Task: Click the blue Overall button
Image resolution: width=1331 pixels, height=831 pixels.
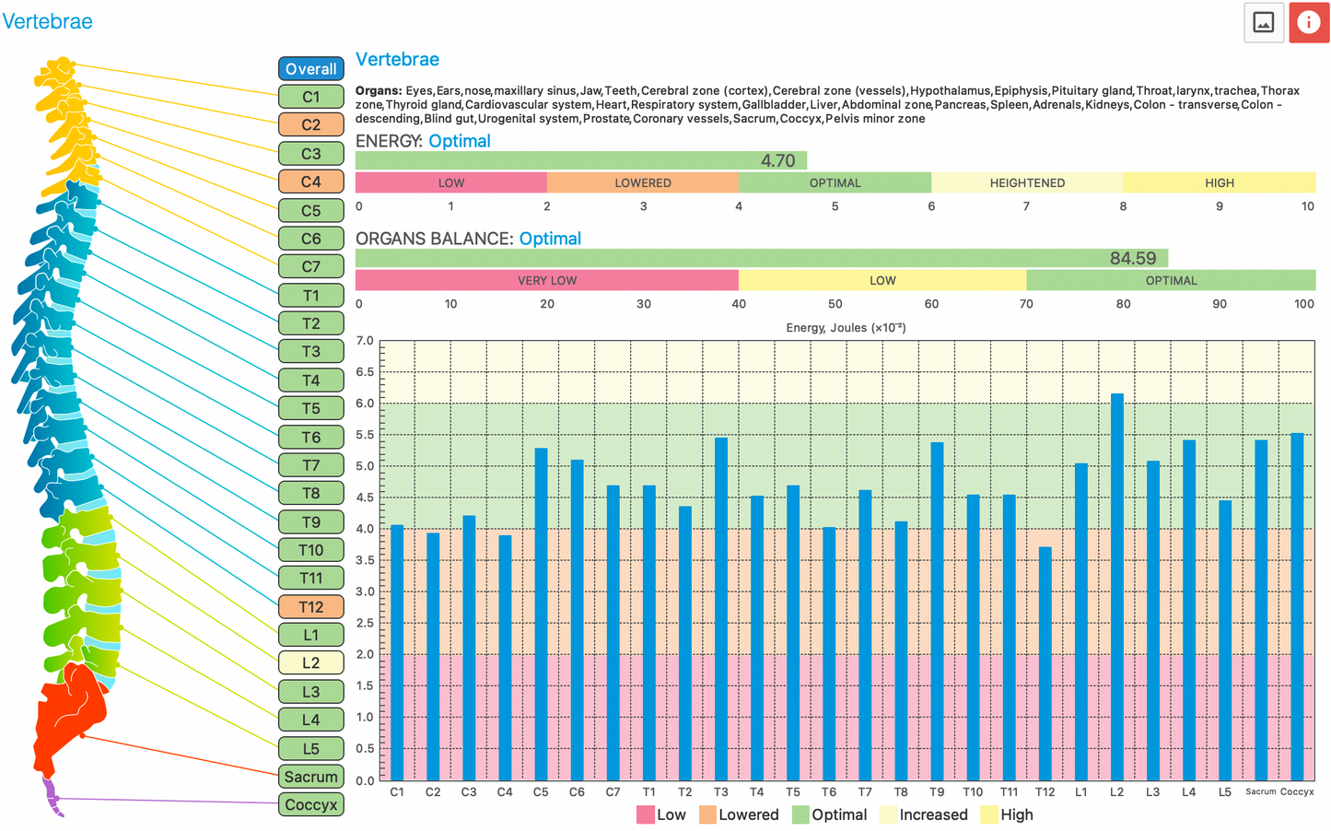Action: [x=311, y=69]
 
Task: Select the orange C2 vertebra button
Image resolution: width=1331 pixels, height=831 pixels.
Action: [x=311, y=124]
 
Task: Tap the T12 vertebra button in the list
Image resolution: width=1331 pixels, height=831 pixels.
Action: [x=311, y=607]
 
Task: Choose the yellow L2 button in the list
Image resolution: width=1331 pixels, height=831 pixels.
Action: [x=311, y=662]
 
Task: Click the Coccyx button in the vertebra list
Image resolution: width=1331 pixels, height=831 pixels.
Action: [x=311, y=804]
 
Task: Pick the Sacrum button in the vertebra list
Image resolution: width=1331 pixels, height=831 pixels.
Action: [x=311, y=777]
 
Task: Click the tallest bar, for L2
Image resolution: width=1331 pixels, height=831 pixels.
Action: [x=1116, y=590]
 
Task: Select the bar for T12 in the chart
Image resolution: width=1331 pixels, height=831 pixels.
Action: [x=1045, y=663]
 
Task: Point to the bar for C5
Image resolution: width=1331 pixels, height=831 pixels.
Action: [x=541, y=617]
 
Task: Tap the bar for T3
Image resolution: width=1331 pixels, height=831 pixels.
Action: [x=721, y=608]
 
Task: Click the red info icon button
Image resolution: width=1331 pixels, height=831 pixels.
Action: [x=1308, y=23]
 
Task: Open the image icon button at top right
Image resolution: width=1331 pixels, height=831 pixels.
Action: [x=1264, y=23]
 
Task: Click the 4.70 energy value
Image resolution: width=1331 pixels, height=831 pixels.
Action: [x=777, y=161]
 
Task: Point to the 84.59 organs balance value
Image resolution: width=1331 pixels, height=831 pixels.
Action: [x=1132, y=259]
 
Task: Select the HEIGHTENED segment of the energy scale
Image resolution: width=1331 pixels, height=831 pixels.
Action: [x=1027, y=182]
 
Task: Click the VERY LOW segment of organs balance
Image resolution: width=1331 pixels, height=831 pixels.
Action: [x=547, y=280]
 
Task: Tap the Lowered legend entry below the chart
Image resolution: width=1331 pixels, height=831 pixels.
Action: [x=739, y=814]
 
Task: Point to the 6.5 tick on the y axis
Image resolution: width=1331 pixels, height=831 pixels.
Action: [x=365, y=372]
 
